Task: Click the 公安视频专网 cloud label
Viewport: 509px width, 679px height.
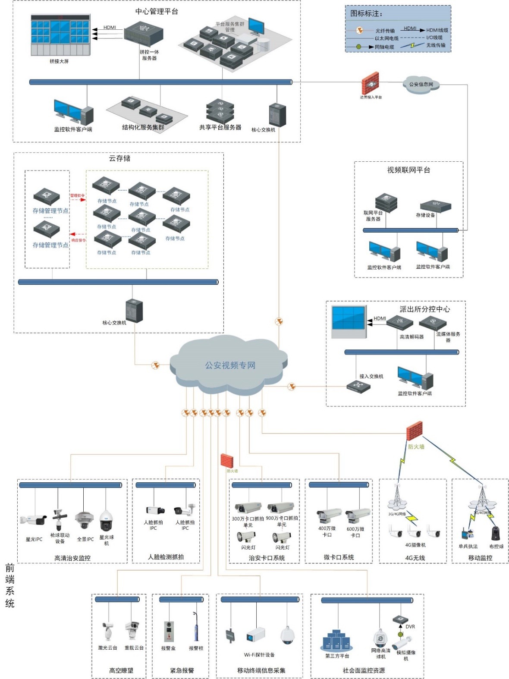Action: pyautogui.click(x=230, y=365)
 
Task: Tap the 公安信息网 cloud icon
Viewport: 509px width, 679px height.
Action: pyautogui.click(x=421, y=85)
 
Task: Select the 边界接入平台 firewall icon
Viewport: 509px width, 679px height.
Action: pyautogui.click(x=370, y=84)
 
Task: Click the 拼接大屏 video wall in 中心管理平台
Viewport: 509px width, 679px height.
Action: pyautogui.click(x=60, y=35)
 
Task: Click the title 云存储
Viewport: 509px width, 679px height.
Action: pyautogui.click(x=119, y=158)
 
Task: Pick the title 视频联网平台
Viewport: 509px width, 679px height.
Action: pyautogui.click(x=408, y=170)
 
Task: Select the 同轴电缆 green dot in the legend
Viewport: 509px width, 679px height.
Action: pyautogui.click(x=359, y=47)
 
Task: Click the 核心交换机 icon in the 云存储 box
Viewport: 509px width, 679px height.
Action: pyautogui.click(x=134, y=311)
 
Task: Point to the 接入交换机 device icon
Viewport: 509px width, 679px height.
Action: pyautogui.click(x=358, y=386)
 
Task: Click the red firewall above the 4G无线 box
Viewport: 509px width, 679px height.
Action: pyautogui.click(x=415, y=431)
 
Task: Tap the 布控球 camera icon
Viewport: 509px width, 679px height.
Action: pyautogui.click(x=496, y=533)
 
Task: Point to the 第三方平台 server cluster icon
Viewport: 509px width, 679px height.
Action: pyautogui.click(x=336, y=640)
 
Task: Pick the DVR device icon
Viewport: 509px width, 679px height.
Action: pyautogui.click(x=400, y=620)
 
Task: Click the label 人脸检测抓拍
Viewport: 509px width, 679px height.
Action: pyautogui.click(x=166, y=557)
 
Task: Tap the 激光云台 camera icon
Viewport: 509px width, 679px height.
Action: pyautogui.click(x=107, y=631)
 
